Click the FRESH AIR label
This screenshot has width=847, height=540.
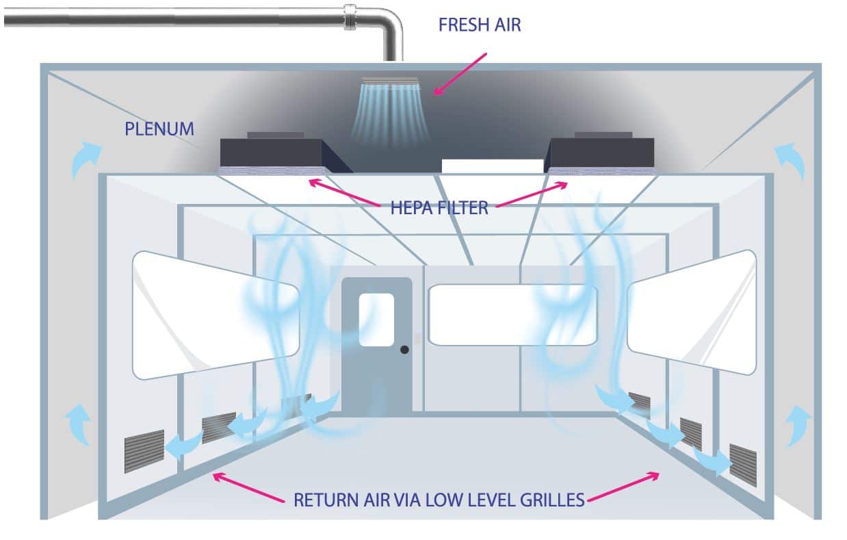tap(480, 25)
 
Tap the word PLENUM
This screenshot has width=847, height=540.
tap(159, 129)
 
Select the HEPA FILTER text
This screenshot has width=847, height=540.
tap(439, 208)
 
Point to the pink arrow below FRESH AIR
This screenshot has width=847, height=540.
tap(460, 74)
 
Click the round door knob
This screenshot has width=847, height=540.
tap(404, 350)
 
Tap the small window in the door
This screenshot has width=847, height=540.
tap(376, 320)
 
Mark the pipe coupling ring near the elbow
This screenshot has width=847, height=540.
tap(350, 17)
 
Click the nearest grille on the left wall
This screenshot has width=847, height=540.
tap(144, 451)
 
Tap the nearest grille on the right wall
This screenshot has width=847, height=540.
tap(743, 465)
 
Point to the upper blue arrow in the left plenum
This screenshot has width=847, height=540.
tap(86, 159)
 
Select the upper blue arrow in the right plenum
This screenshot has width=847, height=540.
tap(790, 160)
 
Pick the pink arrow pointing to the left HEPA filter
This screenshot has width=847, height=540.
tap(344, 192)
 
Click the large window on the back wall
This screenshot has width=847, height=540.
tap(513, 315)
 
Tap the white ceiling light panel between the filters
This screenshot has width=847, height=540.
tap(493, 166)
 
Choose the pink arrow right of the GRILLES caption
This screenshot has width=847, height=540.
tap(623, 487)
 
